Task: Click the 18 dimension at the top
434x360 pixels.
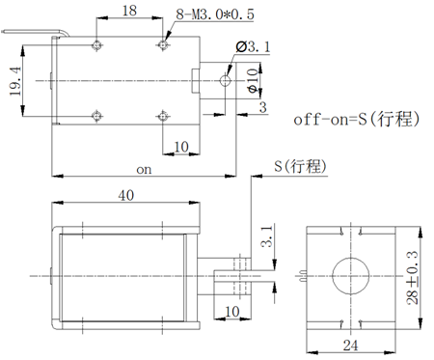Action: (129, 11)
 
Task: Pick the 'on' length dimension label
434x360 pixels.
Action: (144, 169)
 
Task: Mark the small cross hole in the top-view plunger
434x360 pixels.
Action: (226, 80)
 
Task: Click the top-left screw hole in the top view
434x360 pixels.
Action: (97, 46)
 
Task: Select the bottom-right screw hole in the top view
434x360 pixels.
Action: (161, 116)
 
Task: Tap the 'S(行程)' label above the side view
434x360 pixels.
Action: (300, 167)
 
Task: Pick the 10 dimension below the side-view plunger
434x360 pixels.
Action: (231, 311)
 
